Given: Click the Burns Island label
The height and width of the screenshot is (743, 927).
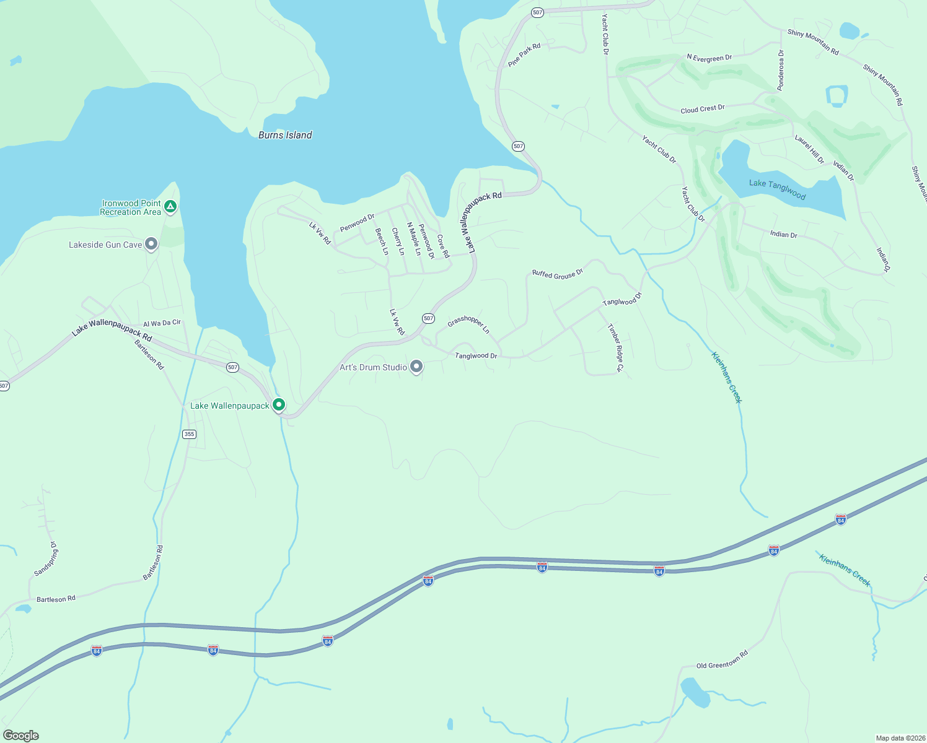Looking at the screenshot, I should [285, 135].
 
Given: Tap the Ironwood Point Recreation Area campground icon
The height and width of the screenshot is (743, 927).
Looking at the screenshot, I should [170, 206].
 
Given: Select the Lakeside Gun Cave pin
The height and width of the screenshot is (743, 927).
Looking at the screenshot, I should [151, 244].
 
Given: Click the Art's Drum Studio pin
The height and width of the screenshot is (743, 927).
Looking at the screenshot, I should [416, 367].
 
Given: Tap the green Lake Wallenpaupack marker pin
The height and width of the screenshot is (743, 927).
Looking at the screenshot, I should [279, 405].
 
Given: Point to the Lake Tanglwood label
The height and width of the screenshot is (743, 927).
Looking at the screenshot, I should [777, 189].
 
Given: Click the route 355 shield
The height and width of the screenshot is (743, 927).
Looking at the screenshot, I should [190, 434].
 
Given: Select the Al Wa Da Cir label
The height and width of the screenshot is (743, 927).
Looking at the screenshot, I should [162, 323].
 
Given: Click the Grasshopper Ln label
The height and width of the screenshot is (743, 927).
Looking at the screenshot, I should [468, 324].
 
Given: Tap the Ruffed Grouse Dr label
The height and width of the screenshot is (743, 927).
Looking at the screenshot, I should [558, 274].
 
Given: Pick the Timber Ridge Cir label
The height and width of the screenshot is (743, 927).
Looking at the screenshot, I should [615, 347].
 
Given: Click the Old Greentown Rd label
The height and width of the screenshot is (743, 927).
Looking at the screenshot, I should [722, 659].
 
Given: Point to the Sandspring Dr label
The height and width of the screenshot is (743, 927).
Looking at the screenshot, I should [46, 560].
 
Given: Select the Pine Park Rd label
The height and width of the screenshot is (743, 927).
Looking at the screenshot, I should [524, 55].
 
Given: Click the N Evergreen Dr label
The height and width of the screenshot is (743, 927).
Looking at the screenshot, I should [709, 58].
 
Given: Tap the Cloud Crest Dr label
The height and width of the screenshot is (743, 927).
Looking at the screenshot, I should [702, 109].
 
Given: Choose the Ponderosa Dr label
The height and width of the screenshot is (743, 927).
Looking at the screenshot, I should [781, 71].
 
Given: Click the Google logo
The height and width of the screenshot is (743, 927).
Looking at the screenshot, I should [20, 736].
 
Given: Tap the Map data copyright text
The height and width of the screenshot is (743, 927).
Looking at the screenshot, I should [900, 738].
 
